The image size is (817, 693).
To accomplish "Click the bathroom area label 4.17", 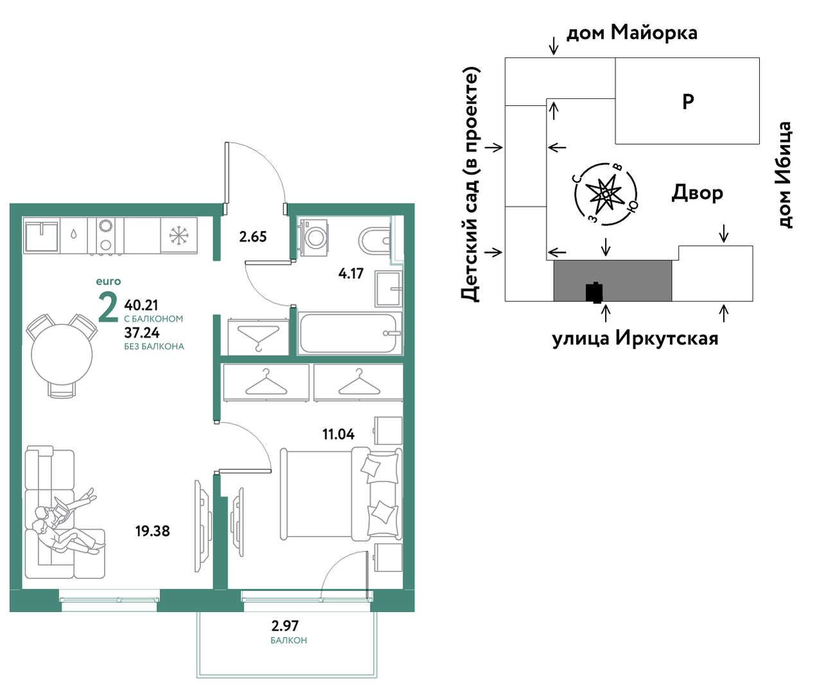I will [x=351, y=274].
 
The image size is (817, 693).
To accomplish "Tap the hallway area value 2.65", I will [x=252, y=237].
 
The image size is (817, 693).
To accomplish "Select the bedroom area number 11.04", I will [x=338, y=435].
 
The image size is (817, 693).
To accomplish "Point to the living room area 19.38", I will [x=152, y=531].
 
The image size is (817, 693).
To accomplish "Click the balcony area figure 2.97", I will [x=285, y=626].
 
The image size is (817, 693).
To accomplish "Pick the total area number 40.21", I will [x=141, y=305].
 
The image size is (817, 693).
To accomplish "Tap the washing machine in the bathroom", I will [x=314, y=237].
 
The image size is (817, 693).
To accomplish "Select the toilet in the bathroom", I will [x=374, y=241].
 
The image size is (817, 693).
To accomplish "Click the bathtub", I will [x=349, y=333].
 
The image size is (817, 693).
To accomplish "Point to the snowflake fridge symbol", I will [x=179, y=236].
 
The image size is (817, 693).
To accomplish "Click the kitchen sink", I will [x=41, y=236].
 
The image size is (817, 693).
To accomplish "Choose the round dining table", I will [x=62, y=354].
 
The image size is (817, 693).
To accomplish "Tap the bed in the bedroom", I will [x=340, y=493].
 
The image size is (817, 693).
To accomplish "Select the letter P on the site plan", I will [x=688, y=101].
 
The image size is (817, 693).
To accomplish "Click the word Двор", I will [x=697, y=193].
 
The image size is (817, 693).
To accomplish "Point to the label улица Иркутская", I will [x=635, y=338].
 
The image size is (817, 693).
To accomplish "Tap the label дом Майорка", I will [x=631, y=33].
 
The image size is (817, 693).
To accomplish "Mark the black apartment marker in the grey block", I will [x=595, y=292].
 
